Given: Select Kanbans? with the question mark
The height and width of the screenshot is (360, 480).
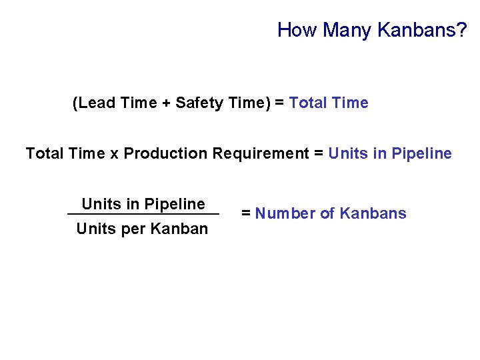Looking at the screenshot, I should [422, 30].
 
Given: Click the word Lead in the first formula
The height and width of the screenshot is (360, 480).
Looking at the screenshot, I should [95, 103].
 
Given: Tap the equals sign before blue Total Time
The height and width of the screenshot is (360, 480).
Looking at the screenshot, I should [279, 103].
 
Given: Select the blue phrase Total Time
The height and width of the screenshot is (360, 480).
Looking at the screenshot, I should [329, 103].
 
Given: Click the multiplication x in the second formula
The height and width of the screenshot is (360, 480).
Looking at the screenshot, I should [114, 154].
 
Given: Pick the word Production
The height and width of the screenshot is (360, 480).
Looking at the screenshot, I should [165, 153].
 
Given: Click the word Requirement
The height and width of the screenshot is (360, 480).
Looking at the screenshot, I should [261, 154].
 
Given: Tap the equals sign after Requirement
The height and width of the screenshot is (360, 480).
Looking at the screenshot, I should [319, 154].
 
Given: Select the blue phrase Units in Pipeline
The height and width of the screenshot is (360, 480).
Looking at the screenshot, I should [391, 153].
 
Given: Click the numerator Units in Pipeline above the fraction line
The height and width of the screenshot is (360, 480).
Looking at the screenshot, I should [143, 204].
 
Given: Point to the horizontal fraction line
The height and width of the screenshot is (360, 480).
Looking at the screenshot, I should [143, 214].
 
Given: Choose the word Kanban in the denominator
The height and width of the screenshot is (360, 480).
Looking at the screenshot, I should [180, 229].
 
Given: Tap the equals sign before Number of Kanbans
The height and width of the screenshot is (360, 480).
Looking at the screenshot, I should [246, 214].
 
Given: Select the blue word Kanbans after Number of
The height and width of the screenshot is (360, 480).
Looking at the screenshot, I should [373, 213].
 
